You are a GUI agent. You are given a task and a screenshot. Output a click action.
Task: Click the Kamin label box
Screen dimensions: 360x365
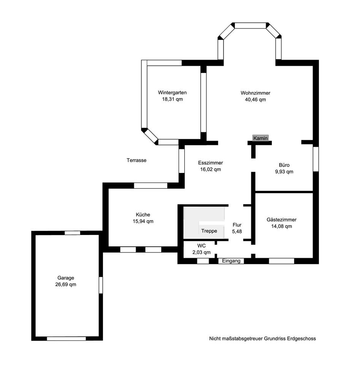tap(260, 138)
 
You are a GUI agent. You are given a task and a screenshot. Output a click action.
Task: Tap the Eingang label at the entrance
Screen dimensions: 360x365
tap(231, 261)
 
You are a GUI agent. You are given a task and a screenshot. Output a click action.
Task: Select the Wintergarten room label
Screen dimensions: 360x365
tap(172, 93)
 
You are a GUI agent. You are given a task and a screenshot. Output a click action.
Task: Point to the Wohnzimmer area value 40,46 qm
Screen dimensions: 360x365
tap(255, 100)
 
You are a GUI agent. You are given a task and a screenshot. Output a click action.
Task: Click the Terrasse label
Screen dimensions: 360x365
tap(136, 160)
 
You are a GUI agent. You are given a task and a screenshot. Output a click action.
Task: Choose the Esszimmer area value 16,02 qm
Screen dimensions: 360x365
tap(211, 170)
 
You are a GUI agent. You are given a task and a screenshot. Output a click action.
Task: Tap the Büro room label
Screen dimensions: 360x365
tap(284, 165)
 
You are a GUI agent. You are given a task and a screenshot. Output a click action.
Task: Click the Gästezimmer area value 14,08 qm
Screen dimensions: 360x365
tap(282, 226)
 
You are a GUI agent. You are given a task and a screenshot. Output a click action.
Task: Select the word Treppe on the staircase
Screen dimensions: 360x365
tap(209, 231)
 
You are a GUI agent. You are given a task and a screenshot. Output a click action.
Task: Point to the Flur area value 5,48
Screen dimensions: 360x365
tap(237, 232)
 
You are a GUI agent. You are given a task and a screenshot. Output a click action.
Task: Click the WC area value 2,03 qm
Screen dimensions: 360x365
tap(201, 252)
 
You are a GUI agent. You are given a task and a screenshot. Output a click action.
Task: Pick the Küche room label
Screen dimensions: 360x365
tap(143, 215)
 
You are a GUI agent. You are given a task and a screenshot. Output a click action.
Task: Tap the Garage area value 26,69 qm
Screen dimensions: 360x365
tap(66, 284)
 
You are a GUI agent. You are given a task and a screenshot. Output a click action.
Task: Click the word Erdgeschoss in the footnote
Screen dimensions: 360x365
tap(301, 339)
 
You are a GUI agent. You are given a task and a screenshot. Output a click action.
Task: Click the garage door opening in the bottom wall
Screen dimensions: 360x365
tap(66, 339)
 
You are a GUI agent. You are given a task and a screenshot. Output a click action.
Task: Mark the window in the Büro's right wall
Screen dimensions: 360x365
tap(316, 159)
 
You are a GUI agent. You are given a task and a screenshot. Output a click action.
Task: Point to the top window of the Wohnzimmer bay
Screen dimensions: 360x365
tap(250, 25)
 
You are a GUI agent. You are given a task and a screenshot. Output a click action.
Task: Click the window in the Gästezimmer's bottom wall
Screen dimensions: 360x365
tap(282, 261)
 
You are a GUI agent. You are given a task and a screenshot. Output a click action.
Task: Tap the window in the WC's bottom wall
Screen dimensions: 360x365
tap(203, 261)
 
